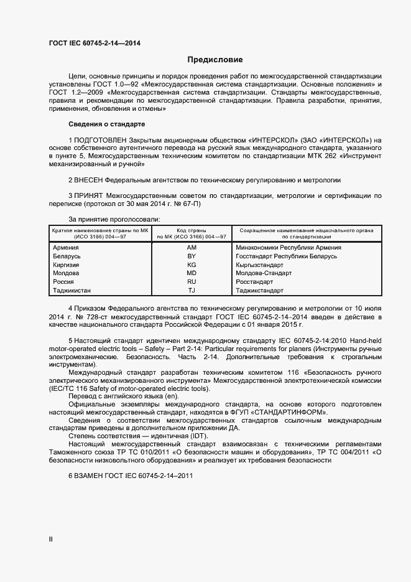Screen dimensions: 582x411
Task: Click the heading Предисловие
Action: click(215, 60)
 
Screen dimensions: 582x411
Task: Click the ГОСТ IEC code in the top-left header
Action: click(94, 43)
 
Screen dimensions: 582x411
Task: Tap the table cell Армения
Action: click(67, 247)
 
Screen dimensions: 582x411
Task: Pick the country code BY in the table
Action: click(192, 256)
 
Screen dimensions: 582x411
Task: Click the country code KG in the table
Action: click(192, 265)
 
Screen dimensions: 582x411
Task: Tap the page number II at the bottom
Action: click(50, 540)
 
